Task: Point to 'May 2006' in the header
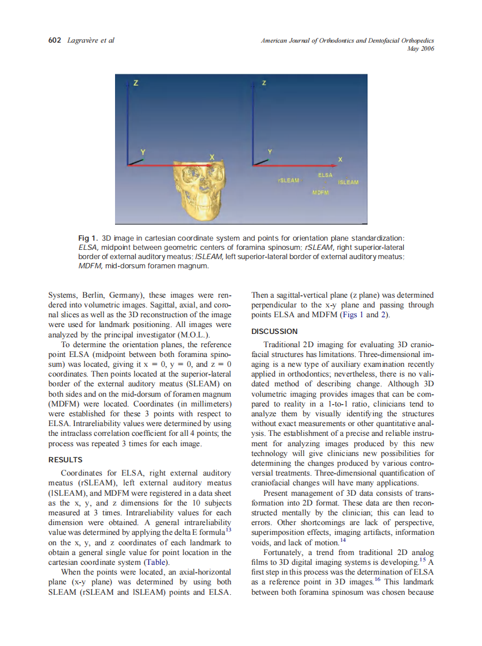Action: pyautogui.click(x=420, y=48)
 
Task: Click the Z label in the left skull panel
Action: pyautogui.click(x=136, y=83)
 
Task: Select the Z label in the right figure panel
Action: pyautogui.click(x=263, y=83)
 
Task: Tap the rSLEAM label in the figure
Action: pyautogui.click(x=288, y=180)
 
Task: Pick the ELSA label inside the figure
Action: pyautogui.click(x=325, y=174)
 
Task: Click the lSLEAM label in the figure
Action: pyautogui.click(x=348, y=183)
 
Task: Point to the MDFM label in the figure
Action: pyautogui.click(x=320, y=192)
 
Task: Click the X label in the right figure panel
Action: pyautogui.click(x=340, y=159)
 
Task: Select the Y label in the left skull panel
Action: pyautogui.click(x=143, y=151)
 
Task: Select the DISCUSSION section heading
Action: pyautogui.click(x=274, y=331)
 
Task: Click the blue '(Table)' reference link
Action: pyautogui.click(x=156, y=562)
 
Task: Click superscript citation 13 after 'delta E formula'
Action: pyautogui.click(x=228, y=529)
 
